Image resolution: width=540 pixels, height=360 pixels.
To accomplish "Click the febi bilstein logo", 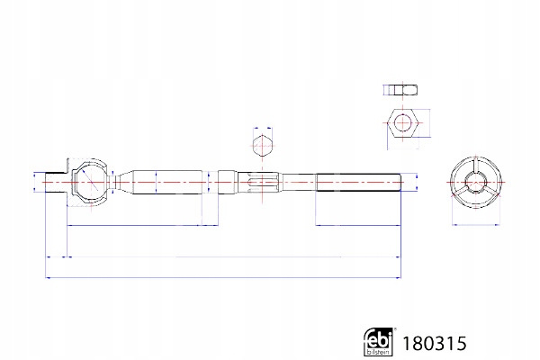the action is pos(378,341).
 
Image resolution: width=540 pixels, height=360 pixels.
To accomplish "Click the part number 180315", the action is pos(435,344).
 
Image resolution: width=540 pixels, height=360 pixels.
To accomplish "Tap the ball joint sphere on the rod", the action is pos(91,182).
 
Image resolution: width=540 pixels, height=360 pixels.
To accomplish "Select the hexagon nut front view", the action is pos(402,123).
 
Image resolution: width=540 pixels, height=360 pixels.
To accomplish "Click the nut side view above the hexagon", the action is pos(400,90).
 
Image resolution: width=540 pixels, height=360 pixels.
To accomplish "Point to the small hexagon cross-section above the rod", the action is pos(263,146).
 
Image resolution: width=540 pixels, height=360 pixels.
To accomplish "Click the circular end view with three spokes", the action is pos(475,182).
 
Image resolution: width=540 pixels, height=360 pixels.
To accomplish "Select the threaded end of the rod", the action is pos(358,182).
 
